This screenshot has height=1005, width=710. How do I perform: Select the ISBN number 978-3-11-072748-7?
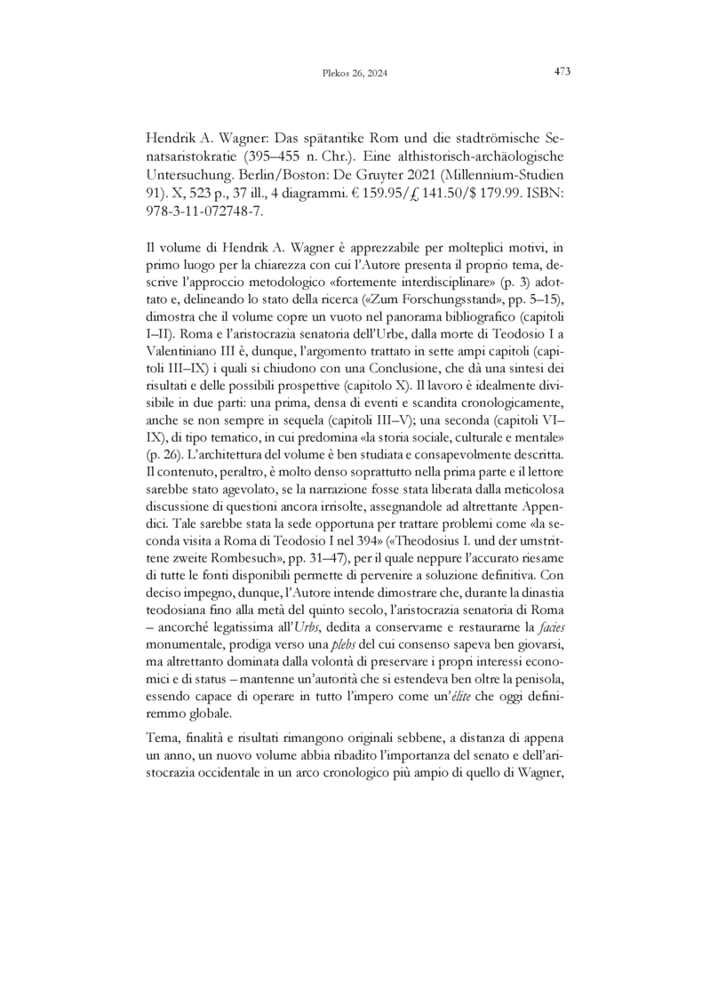click(205, 206)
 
